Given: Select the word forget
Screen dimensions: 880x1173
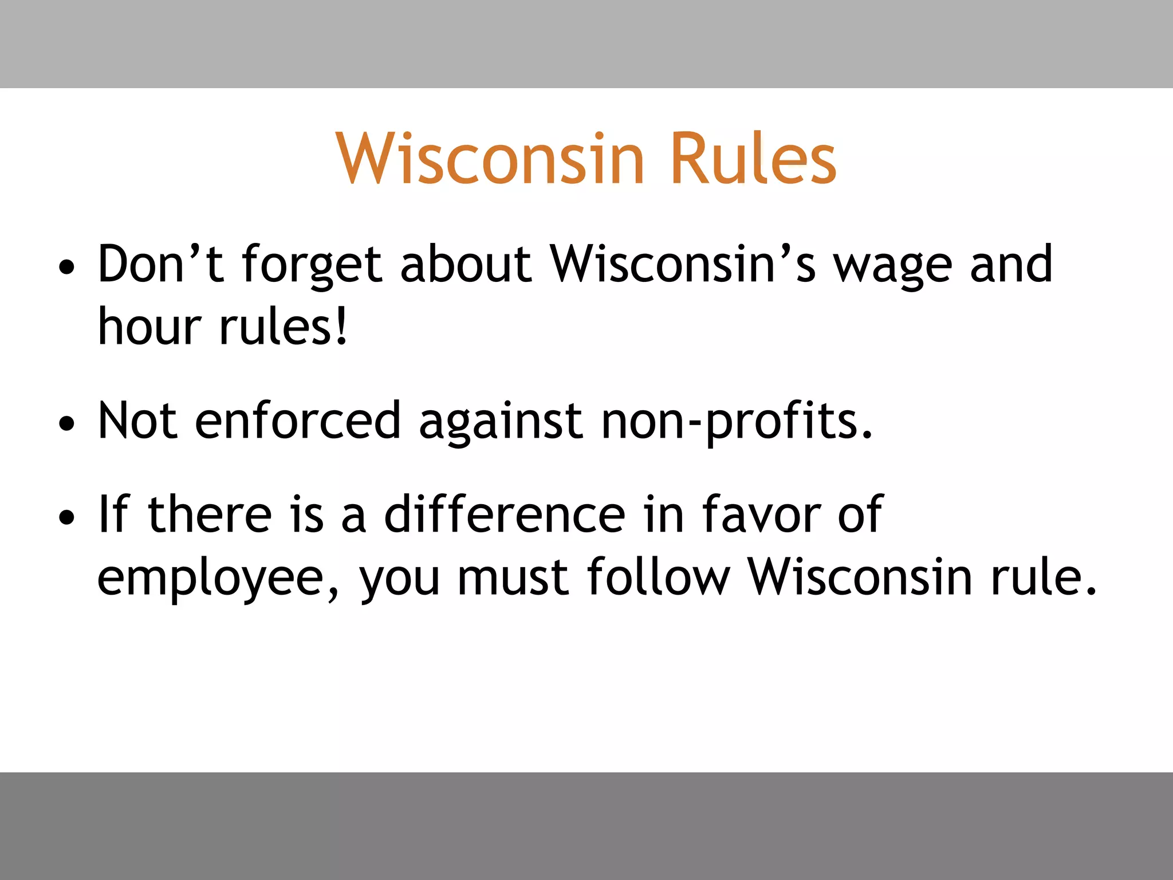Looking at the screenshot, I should pyautogui.click(x=312, y=265).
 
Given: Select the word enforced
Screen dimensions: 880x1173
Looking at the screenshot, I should pyautogui.click(x=298, y=421).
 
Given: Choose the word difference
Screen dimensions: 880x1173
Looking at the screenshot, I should pyautogui.click(x=505, y=514).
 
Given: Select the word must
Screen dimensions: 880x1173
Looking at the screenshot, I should pyautogui.click(x=513, y=577).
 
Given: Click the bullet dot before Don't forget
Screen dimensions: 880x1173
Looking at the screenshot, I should pyautogui.click(x=67, y=267).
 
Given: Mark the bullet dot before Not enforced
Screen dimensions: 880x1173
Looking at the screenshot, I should pyautogui.click(x=67, y=424).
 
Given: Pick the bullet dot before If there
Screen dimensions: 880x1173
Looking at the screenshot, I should pyautogui.click(x=67, y=517).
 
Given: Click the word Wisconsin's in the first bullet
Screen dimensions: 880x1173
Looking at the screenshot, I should pyautogui.click(x=683, y=264).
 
